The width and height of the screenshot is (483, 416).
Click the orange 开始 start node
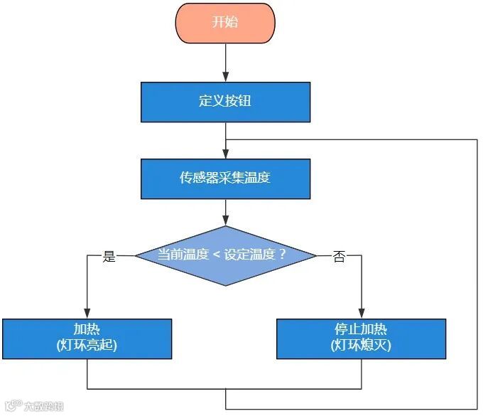tap(225, 21)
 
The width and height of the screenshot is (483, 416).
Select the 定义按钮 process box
tap(225, 102)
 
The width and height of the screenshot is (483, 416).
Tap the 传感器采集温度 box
tap(225, 178)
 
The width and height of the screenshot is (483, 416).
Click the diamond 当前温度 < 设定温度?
tap(225, 255)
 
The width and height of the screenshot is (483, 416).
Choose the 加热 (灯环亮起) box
tap(87, 338)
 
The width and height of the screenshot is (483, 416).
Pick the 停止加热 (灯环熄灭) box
tap(361, 338)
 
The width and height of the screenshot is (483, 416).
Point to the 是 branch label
tap(109, 257)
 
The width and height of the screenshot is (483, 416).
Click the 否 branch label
tap(339, 257)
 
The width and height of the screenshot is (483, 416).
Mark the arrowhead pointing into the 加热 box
tap(87, 314)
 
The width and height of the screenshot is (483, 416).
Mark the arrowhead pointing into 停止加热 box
tap(361, 314)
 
